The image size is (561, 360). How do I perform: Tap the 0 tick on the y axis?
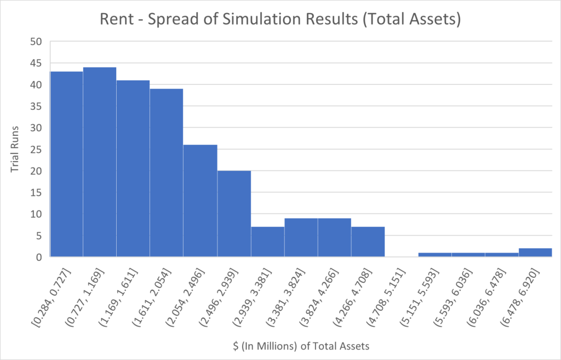click(38, 257)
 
